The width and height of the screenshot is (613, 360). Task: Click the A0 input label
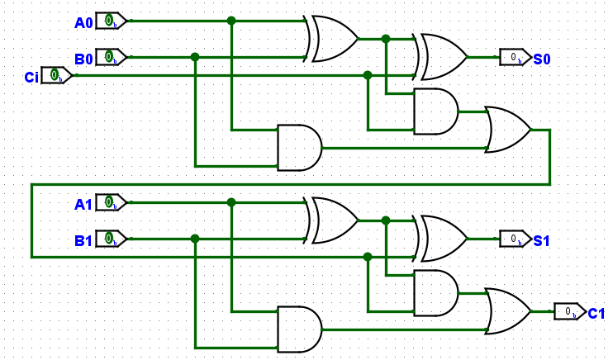pos(83,22)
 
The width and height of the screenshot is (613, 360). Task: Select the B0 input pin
pos(111,57)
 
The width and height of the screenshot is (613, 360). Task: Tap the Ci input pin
pos(57,76)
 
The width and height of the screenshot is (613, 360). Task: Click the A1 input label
pos(83,204)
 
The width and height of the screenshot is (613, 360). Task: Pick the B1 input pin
pos(111,239)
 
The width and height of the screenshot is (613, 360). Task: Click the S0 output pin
pos(515,57)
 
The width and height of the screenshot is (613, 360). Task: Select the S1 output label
pos(541,241)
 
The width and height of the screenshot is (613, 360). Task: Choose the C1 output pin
pos(569,311)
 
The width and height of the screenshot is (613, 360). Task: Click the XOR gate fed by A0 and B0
pos(334,39)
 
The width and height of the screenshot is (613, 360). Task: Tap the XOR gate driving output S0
pos(443,57)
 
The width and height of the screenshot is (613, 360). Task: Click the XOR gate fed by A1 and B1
pos(334,220)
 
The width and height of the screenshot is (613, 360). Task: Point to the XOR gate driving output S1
pos(443,239)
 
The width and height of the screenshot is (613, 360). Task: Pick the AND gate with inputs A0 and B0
pos(299,148)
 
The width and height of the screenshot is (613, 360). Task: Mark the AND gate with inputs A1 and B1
pos(299,329)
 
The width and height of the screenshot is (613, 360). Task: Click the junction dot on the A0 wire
pos(231,21)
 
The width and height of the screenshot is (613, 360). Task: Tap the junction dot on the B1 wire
pos(195,239)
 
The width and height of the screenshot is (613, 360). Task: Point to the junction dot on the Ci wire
pos(368,75)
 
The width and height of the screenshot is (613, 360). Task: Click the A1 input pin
pos(111,202)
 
